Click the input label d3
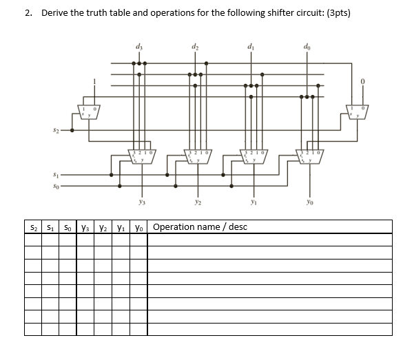(x=141, y=47)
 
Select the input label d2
(x=196, y=47)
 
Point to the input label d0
(x=307, y=47)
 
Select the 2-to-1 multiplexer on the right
(x=358, y=112)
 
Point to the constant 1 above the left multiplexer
(x=86, y=81)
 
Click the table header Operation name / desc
(x=200, y=226)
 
